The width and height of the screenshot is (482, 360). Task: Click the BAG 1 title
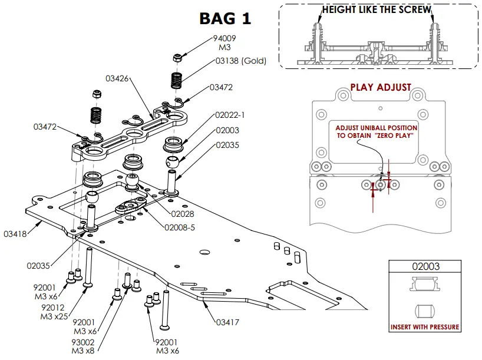click(225, 19)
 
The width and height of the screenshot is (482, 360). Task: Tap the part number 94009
click(225, 38)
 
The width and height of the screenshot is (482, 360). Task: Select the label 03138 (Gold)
click(240, 61)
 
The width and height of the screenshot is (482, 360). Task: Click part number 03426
click(117, 79)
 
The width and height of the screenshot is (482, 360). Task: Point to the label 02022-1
click(230, 115)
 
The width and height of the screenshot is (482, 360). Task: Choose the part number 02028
click(183, 214)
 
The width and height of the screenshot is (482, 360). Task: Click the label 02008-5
click(180, 228)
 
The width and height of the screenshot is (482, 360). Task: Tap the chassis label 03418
click(15, 235)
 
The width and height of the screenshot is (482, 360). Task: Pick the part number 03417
click(227, 322)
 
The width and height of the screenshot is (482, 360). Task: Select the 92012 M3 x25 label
click(54, 312)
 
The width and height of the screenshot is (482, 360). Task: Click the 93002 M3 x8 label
click(83, 346)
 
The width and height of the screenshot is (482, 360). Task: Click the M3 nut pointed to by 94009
click(177, 58)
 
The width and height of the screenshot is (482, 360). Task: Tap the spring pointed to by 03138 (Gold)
click(176, 81)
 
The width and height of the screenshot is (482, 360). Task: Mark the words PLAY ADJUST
click(381, 88)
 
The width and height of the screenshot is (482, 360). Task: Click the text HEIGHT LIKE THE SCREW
click(377, 10)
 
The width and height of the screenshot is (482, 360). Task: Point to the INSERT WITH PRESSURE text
click(425, 327)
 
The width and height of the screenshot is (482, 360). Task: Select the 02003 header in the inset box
click(426, 266)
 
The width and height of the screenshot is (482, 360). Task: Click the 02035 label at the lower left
click(38, 266)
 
